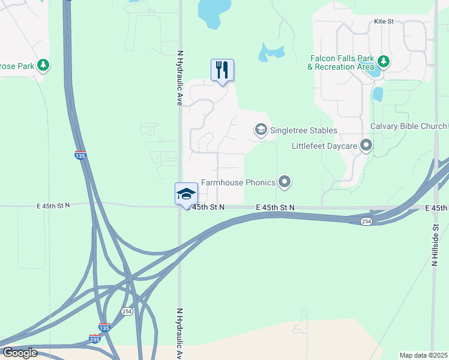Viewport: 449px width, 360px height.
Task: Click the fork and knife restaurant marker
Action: [x=222, y=70]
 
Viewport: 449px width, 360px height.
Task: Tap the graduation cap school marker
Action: [x=186, y=194]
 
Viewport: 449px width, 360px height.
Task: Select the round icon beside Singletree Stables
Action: [x=261, y=130]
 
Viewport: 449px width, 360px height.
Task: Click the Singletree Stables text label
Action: [x=304, y=130]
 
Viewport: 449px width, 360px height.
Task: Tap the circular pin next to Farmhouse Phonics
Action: [x=285, y=181]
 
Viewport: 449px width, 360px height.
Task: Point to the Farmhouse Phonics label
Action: [x=238, y=182]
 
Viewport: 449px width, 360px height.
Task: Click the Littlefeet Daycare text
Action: [x=324, y=146]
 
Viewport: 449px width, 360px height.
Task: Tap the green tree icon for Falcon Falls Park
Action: [x=384, y=61]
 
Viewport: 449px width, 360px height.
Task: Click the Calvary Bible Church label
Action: [x=409, y=126]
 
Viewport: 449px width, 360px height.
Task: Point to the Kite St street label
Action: [x=384, y=21]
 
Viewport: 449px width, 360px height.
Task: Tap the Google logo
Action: [x=19, y=353]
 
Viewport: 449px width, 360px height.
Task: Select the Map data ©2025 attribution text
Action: [x=423, y=355]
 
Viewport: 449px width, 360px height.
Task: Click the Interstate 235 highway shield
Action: [x=95, y=339]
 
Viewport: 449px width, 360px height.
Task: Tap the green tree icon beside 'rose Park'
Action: [x=43, y=64]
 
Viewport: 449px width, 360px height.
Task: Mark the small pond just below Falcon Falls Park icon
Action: [x=378, y=94]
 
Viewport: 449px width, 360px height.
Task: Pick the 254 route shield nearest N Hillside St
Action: [x=366, y=221]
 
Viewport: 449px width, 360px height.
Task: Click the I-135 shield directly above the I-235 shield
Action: [x=104, y=328]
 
